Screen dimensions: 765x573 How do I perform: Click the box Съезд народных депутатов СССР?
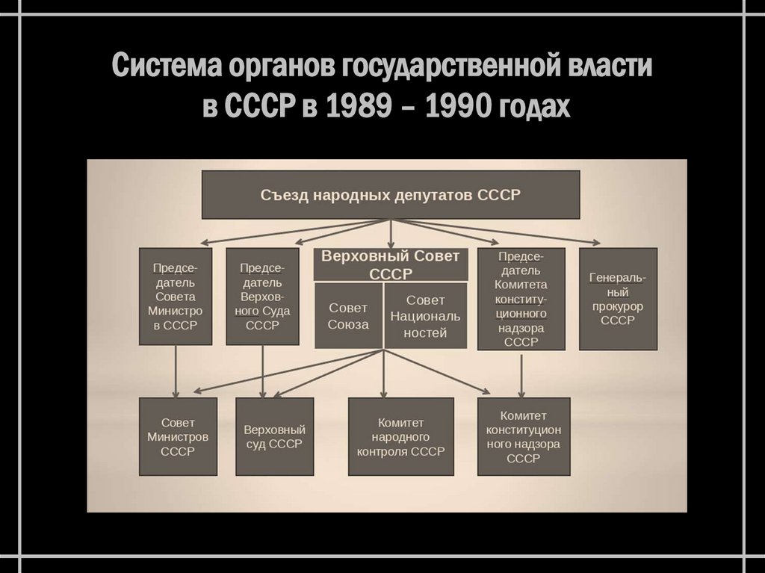coord(390,194)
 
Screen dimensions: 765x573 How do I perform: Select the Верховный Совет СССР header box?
coord(390,264)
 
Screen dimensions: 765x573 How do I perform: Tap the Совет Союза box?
coord(348,315)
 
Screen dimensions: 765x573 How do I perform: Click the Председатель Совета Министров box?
coord(176,296)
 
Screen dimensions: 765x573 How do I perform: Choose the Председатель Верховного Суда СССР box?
coord(261,296)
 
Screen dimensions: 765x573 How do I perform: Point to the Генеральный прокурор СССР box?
coord(618,299)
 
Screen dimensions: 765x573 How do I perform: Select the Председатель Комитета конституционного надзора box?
coord(521,299)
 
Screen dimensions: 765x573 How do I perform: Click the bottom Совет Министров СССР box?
coord(178,436)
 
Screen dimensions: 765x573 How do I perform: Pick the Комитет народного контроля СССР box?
coord(400,436)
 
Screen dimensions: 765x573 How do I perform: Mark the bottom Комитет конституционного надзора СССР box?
coord(522,436)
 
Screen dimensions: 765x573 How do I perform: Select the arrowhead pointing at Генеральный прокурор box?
coord(596,242)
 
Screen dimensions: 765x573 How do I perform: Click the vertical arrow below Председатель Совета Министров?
coord(176,369)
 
